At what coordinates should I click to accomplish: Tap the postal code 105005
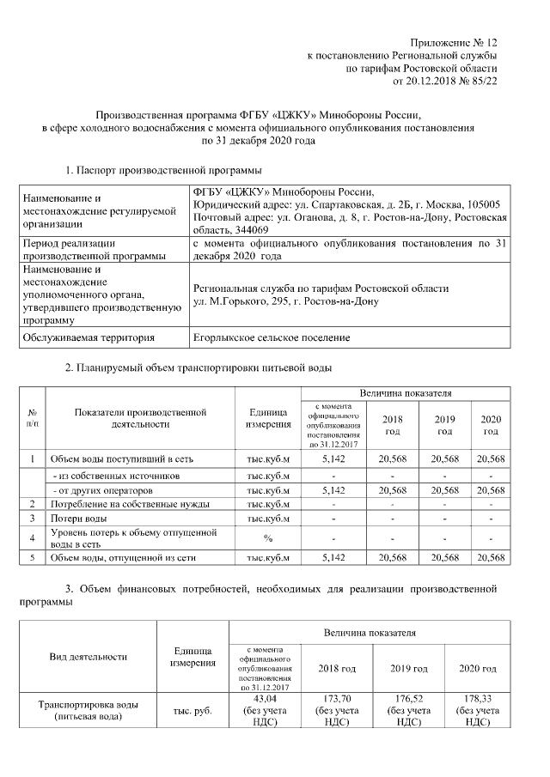coord(483,205)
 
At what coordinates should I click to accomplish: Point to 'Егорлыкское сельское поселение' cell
coord(271,337)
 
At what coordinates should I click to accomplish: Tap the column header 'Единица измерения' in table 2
coord(268,418)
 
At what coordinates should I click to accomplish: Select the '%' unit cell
coord(268,537)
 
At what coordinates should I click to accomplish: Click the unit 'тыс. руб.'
coord(192,711)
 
